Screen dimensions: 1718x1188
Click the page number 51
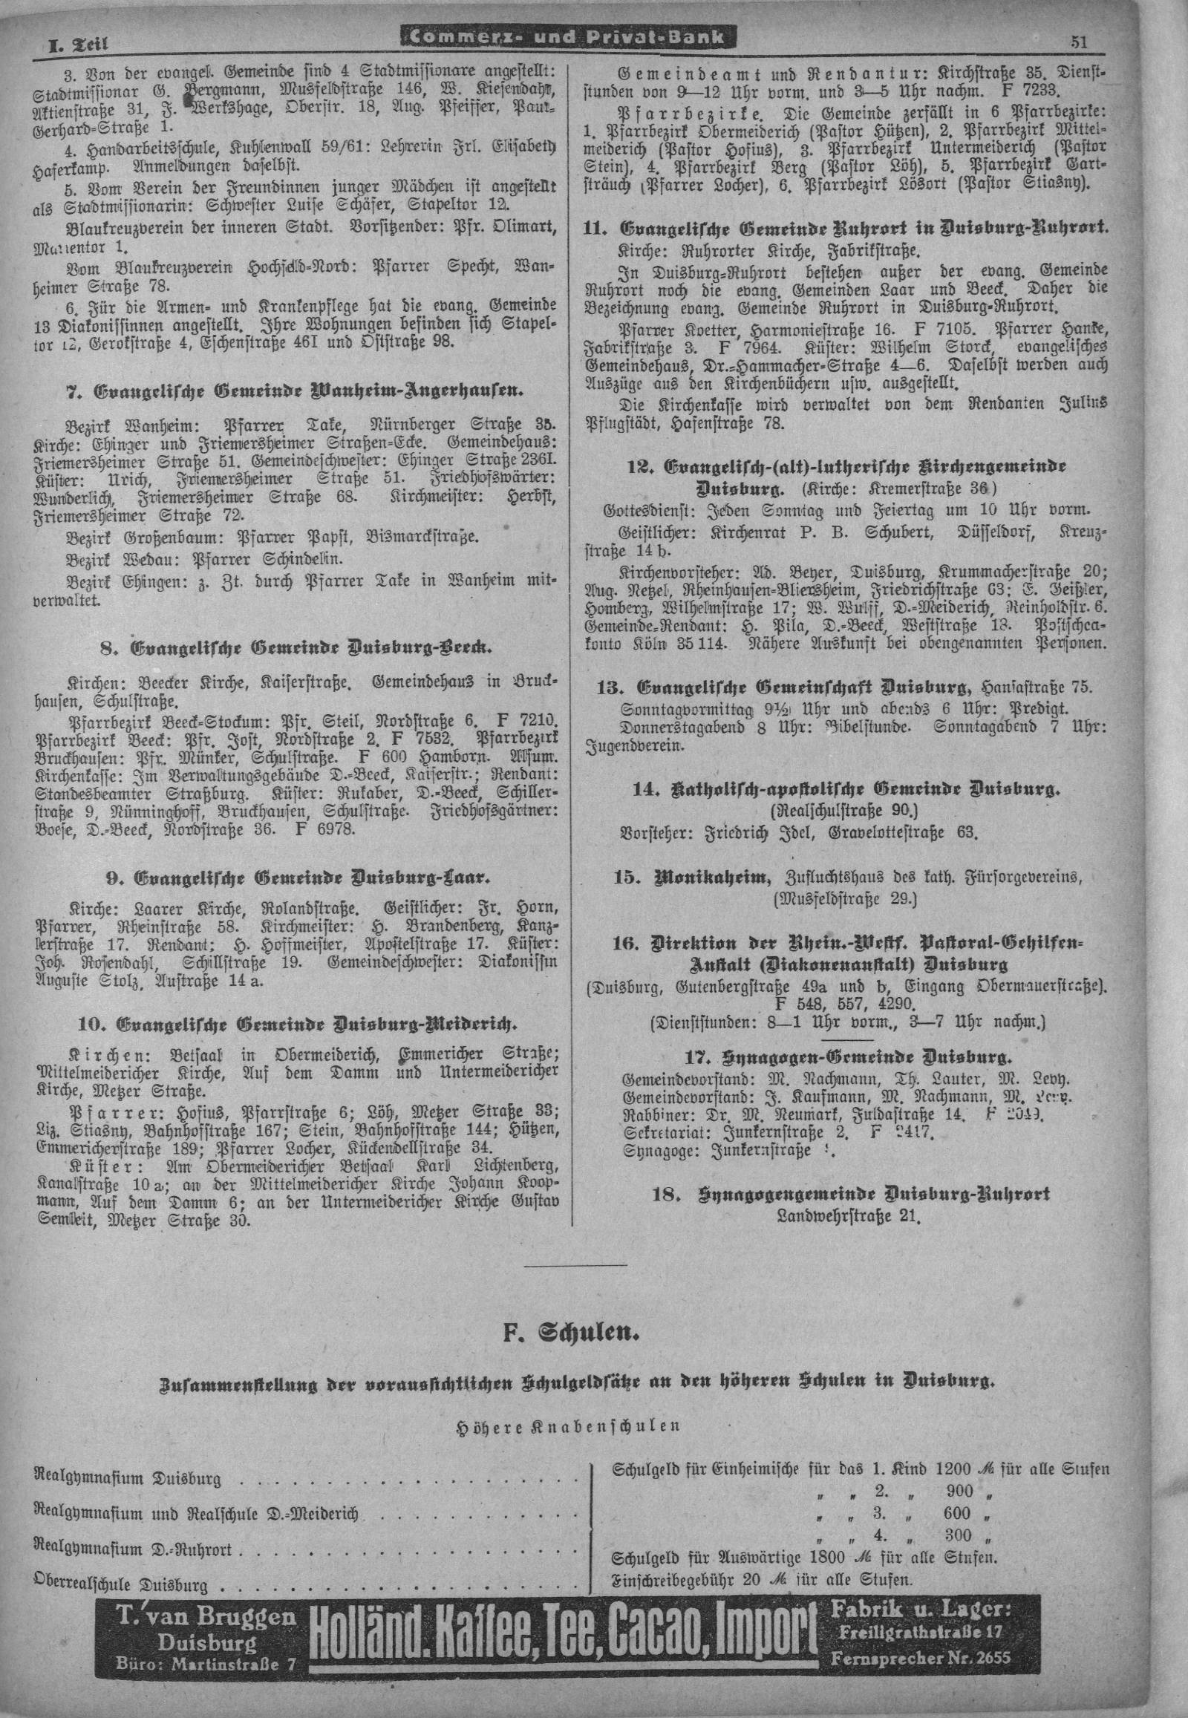[1079, 42]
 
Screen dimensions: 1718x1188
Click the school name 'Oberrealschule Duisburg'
[120, 1583]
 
